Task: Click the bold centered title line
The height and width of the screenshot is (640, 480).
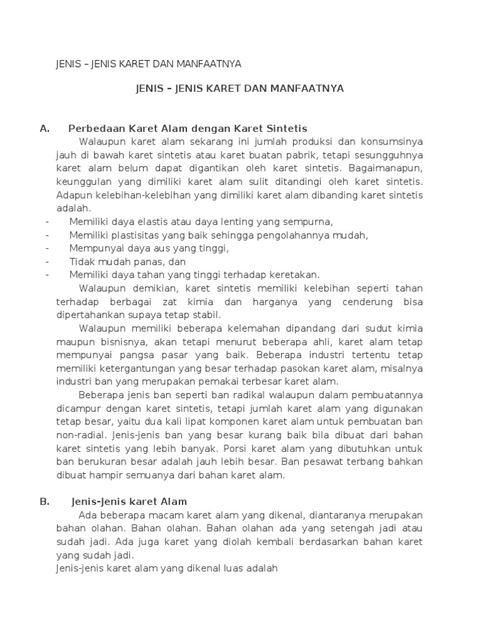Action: tap(240, 89)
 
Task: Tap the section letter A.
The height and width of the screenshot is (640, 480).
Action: tap(44, 129)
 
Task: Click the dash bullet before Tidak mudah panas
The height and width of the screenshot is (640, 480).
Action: tap(47, 261)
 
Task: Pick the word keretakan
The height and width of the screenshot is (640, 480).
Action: tap(293, 274)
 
